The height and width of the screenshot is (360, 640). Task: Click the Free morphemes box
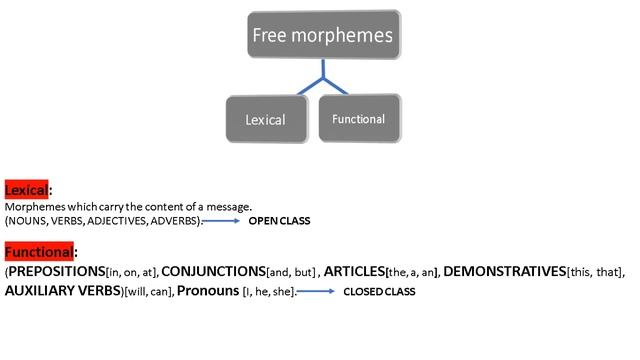pyautogui.click(x=324, y=34)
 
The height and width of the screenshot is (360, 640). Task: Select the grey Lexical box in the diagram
pyautogui.click(x=267, y=119)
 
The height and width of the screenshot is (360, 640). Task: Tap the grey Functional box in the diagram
pyautogui.click(x=360, y=118)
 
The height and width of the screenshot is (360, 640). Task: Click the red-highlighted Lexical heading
pyautogui.click(x=27, y=190)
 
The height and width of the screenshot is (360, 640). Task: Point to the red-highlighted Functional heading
pyautogui.click(x=39, y=251)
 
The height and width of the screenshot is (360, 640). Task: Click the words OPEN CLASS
pyautogui.click(x=279, y=221)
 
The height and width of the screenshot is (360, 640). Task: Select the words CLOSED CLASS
pyautogui.click(x=379, y=291)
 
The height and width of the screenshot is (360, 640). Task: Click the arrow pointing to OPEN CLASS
pyautogui.click(x=221, y=221)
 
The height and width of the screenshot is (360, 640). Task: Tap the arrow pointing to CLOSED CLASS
pyautogui.click(x=316, y=291)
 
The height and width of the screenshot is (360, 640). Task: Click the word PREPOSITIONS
pyautogui.click(x=57, y=271)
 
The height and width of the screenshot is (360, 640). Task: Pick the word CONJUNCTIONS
pyautogui.click(x=213, y=271)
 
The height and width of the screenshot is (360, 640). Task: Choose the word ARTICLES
pyautogui.click(x=354, y=271)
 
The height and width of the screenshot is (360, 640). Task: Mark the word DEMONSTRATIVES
pyautogui.click(x=504, y=271)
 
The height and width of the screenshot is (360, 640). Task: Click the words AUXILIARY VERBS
pyautogui.click(x=63, y=291)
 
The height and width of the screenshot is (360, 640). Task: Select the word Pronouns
pyautogui.click(x=208, y=291)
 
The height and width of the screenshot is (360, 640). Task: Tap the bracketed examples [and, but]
pyautogui.click(x=291, y=272)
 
